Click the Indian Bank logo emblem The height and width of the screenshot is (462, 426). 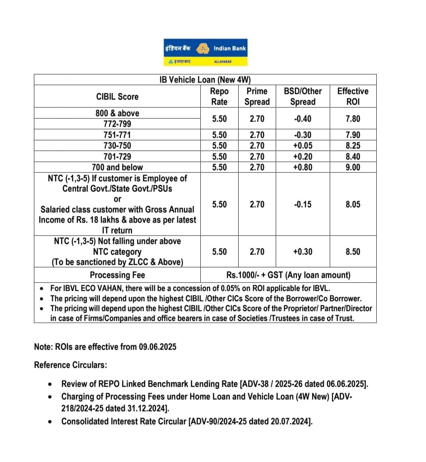coord(203,49)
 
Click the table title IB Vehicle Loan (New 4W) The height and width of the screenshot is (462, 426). coord(205,80)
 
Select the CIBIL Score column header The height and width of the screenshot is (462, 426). coord(117,97)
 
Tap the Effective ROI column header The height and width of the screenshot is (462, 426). coord(353,96)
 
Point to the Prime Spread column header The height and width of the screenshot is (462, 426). coord(257,96)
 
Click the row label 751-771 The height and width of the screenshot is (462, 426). coord(117,135)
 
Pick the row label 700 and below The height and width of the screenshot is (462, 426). coord(117,167)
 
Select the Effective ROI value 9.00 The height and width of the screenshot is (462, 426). coord(353,167)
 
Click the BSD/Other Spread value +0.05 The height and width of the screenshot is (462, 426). coord(303,146)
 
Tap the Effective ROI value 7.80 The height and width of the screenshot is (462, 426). coord(353,119)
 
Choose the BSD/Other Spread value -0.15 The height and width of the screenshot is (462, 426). coord(303,204)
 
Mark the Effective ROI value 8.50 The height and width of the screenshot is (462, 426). coord(353,252)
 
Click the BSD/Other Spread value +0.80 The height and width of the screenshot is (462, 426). coord(303,167)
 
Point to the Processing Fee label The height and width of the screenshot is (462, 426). coord(117,275)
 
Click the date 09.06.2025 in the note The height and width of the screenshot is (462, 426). coord(157,347)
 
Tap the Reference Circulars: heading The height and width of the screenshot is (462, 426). coord(71,365)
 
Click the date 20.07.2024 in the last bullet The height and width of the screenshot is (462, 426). coord(290,421)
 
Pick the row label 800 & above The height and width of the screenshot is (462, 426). coord(117,113)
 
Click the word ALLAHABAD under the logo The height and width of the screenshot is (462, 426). coord(223,62)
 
